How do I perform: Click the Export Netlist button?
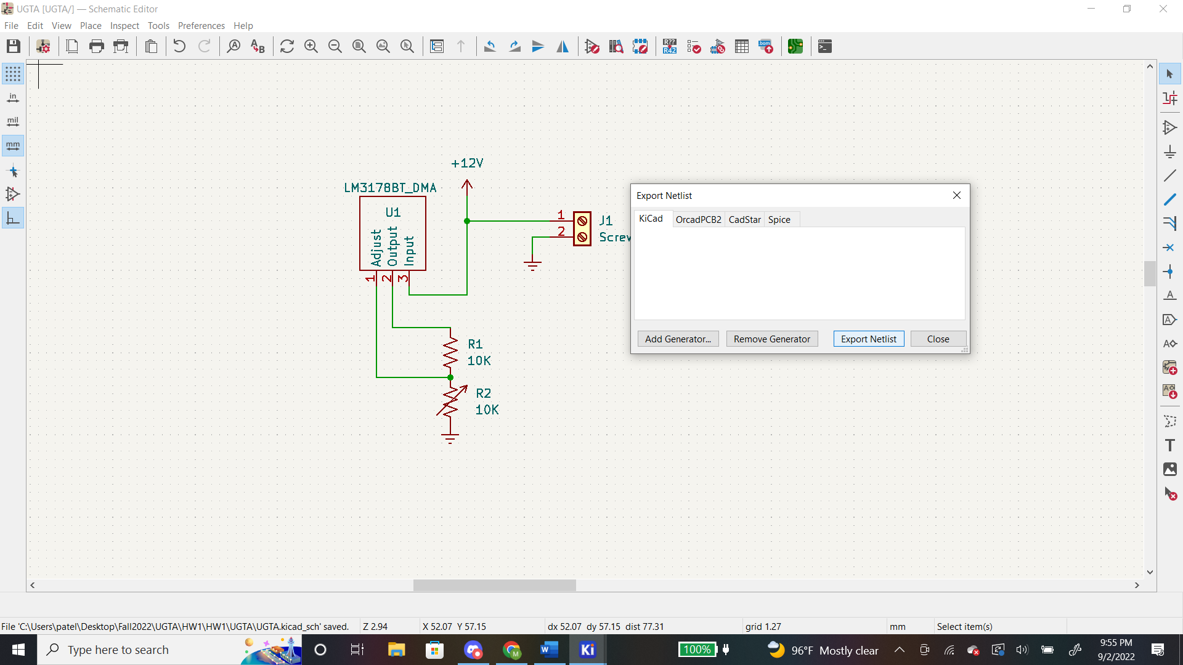point(869,339)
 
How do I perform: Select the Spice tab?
point(779,220)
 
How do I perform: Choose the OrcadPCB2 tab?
point(698,220)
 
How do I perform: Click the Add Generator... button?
point(678,339)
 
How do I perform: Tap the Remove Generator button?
point(772,339)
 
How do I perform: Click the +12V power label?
point(467,163)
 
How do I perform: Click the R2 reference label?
point(484,393)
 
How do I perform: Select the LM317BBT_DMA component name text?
point(390,188)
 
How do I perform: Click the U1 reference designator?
point(393,212)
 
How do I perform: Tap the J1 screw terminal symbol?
point(582,229)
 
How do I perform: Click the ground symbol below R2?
point(450,438)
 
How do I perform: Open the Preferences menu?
point(201,26)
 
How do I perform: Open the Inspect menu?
point(124,26)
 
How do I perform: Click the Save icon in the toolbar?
point(14,46)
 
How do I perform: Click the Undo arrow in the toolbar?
point(179,46)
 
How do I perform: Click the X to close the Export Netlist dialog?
point(957,195)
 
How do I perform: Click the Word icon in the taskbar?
point(549,650)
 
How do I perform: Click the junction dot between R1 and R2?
point(450,377)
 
